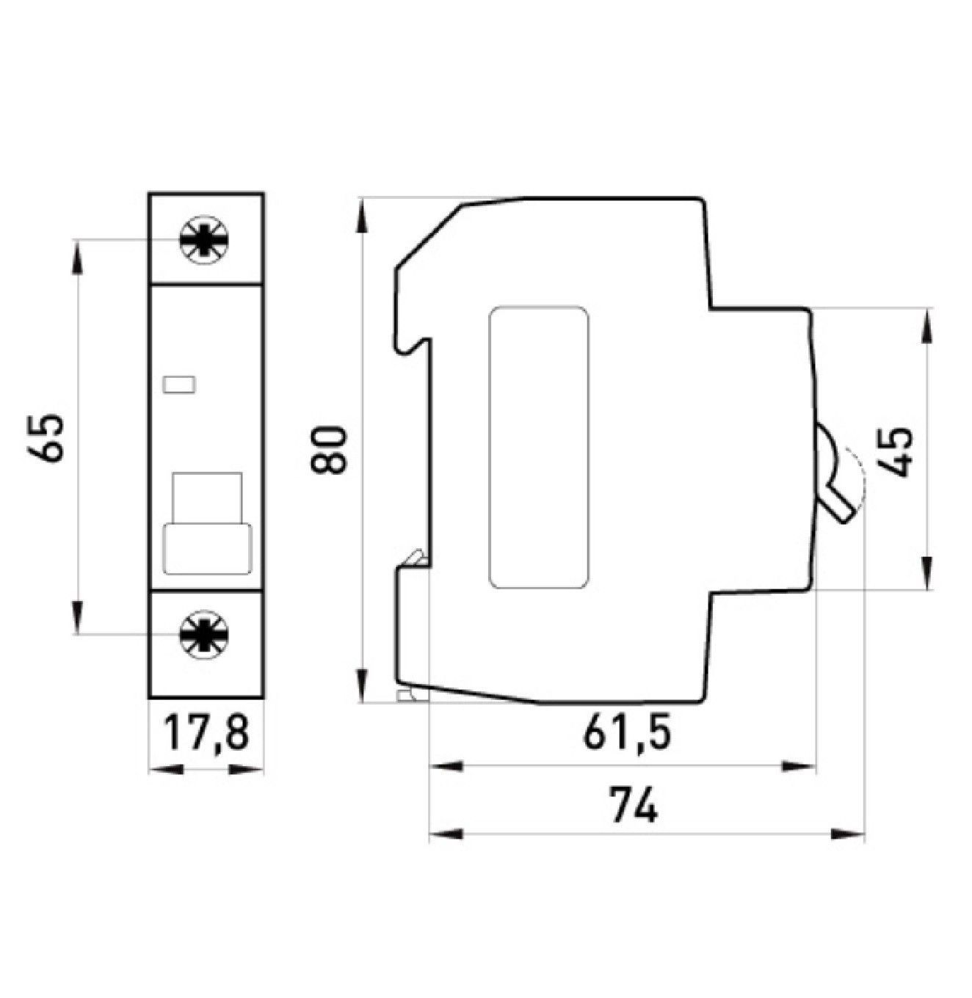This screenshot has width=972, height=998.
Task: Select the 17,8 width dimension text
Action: pos(206,735)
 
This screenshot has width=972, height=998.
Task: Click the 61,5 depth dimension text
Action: pos(627,735)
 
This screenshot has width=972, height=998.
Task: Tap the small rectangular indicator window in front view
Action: pos(180,384)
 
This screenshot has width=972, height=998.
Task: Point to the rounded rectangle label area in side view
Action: pos(539,448)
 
